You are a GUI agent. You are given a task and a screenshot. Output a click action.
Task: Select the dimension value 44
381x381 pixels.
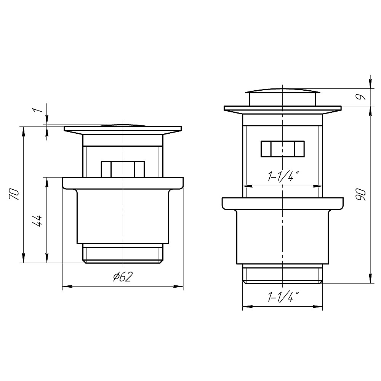(x=37, y=221)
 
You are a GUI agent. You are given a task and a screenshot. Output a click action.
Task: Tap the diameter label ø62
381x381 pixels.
(x=122, y=277)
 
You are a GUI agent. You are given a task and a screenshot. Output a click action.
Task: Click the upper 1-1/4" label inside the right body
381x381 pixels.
(x=283, y=177)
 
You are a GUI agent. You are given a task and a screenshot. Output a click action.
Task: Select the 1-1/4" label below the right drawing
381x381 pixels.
(x=283, y=297)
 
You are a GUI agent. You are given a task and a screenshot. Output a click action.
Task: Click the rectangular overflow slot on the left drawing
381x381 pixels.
(x=122, y=169)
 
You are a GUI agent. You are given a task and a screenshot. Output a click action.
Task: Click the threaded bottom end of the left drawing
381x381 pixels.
(x=122, y=253)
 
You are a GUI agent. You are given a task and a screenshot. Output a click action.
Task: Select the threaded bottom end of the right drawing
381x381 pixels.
(x=282, y=274)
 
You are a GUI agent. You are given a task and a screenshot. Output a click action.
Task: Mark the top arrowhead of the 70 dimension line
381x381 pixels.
(x=24, y=130)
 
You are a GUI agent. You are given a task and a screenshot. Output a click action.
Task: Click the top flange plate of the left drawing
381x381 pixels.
(x=122, y=129)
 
